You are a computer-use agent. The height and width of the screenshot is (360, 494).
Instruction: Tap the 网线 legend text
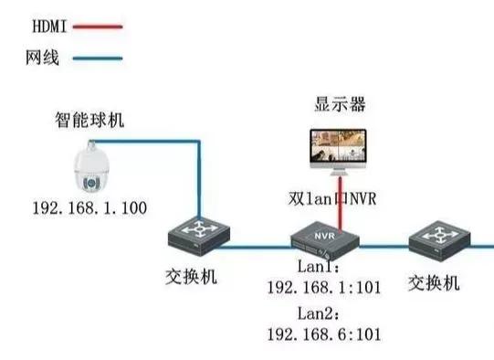pos(40,58)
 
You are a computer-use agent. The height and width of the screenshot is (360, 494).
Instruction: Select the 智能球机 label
pos(88,120)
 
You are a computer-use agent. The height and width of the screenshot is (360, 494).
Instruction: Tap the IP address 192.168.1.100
pos(89,207)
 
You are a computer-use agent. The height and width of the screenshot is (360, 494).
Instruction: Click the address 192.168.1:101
pos(323,289)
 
